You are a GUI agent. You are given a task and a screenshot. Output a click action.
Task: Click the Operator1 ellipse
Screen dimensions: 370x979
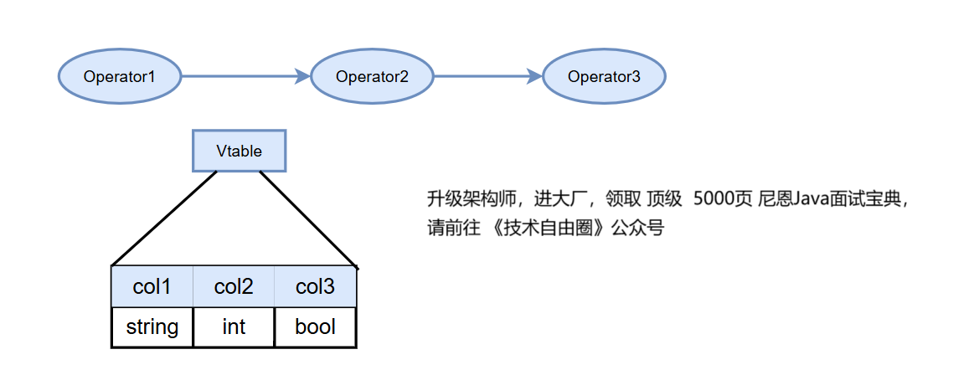click(x=120, y=77)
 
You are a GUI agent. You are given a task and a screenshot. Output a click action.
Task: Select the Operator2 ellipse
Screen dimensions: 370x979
click(x=372, y=77)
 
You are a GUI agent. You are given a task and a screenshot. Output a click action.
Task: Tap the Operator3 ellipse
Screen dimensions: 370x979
click(x=604, y=77)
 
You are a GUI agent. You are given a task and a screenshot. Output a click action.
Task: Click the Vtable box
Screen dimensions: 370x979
click(x=239, y=152)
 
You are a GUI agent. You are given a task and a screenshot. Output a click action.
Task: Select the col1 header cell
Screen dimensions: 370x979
click(x=152, y=287)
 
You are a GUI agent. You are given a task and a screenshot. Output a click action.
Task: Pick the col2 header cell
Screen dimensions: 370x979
click(x=234, y=287)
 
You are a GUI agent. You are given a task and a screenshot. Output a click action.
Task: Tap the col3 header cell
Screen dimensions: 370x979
click(x=315, y=287)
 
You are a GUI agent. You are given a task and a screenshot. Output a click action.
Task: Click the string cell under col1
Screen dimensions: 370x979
click(x=152, y=326)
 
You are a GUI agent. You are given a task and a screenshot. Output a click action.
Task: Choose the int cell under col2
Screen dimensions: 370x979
click(x=234, y=326)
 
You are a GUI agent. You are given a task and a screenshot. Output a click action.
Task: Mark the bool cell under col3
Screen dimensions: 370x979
click(x=315, y=326)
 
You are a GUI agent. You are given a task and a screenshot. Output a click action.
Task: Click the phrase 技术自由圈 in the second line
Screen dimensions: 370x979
click(x=548, y=228)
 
